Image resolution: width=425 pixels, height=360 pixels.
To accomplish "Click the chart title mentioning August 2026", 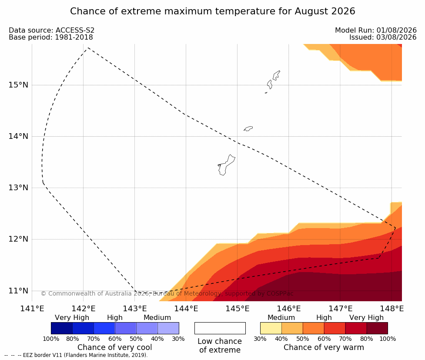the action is [x=212, y=11].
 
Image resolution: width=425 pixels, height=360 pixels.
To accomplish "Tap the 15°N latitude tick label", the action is [x=18, y=85].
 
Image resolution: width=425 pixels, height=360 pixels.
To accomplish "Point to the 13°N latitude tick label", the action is [x=18, y=188].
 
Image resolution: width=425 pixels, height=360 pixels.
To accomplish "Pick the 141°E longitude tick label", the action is [x=32, y=309].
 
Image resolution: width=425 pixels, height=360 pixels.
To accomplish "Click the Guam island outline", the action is [x=226, y=165].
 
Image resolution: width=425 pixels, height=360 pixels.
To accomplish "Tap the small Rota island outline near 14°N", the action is [x=248, y=128].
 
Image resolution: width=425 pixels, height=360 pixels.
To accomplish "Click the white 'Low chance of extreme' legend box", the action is [x=220, y=328].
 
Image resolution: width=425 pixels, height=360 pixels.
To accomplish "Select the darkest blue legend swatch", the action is [x=62, y=328].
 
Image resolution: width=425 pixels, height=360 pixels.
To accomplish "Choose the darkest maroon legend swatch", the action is [x=377, y=328].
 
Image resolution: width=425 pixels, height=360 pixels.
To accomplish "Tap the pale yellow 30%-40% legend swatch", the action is [x=271, y=328].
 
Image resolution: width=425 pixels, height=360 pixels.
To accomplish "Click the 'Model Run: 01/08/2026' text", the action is [x=376, y=30].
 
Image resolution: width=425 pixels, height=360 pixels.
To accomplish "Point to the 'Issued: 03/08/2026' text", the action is [x=383, y=37].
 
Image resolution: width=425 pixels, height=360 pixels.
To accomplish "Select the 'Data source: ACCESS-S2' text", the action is [x=51, y=30].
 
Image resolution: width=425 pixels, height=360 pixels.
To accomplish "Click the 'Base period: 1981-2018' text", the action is [x=51, y=37].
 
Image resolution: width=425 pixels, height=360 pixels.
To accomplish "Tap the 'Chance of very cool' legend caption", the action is [x=115, y=347].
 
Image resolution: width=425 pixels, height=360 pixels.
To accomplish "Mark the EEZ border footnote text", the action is [x=76, y=355].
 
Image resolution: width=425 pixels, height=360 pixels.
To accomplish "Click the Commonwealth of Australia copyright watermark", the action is [x=167, y=293].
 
